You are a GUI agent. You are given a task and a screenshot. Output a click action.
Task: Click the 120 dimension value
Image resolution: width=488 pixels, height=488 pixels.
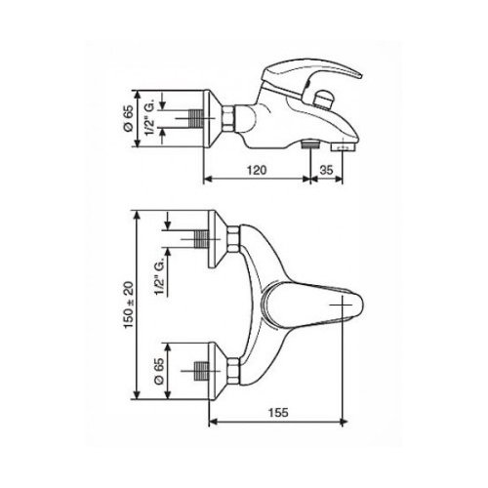tap(257, 170)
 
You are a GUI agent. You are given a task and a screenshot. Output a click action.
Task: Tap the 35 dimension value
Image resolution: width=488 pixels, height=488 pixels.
tap(326, 170)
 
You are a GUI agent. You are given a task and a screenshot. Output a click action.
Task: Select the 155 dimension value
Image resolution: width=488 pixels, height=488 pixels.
tap(278, 413)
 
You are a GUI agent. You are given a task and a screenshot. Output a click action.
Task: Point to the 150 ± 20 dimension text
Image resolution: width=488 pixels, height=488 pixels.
tap(129, 305)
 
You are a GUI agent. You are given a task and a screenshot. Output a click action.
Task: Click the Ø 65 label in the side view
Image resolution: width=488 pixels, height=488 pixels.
tap(129, 118)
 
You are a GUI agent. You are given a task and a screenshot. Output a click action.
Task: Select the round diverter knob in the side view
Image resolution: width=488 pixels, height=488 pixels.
tap(324, 98)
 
